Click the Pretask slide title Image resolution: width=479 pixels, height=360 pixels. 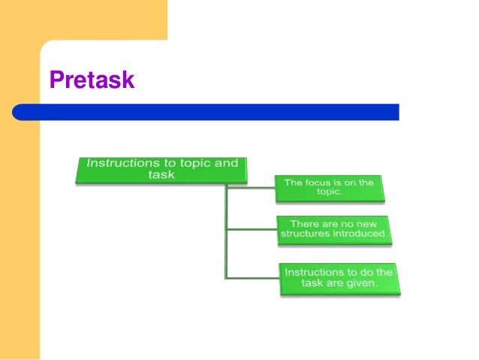(x=92, y=79)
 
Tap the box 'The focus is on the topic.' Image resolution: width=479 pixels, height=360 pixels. (x=329, y=188)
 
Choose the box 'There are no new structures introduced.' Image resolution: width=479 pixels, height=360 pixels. (x=334, y=229)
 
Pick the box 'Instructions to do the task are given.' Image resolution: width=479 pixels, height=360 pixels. (x=338, y=277)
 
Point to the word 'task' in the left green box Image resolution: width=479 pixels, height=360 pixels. (x=161, y=175)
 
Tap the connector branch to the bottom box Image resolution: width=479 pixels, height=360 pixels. (x=252, y=278)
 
